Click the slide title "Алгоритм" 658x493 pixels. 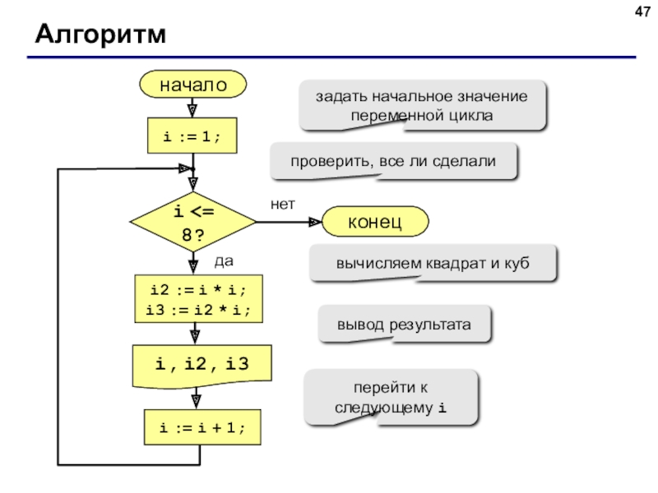coord(100,34)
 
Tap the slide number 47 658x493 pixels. coord(642,12)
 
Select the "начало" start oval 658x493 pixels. coord(193,85)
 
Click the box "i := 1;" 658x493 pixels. coord(192,136)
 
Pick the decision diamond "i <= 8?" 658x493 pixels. coord(193,222)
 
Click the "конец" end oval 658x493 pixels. coord(375,221)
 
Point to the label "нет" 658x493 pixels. coord(283,204)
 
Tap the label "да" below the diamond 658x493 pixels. coord(224,261)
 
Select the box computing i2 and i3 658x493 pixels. coord(198,299)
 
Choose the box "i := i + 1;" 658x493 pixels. coord(202,427)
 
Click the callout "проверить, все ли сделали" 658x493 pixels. coord(394,161)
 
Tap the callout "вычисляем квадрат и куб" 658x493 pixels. coord(433,263)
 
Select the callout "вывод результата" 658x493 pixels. coord(404,324)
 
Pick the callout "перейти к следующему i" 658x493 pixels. coord(391,398)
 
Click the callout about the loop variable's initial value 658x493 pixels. coord(422,105)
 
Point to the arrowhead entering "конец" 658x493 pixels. coord(316,222)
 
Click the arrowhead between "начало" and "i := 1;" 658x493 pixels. coord(192,111)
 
